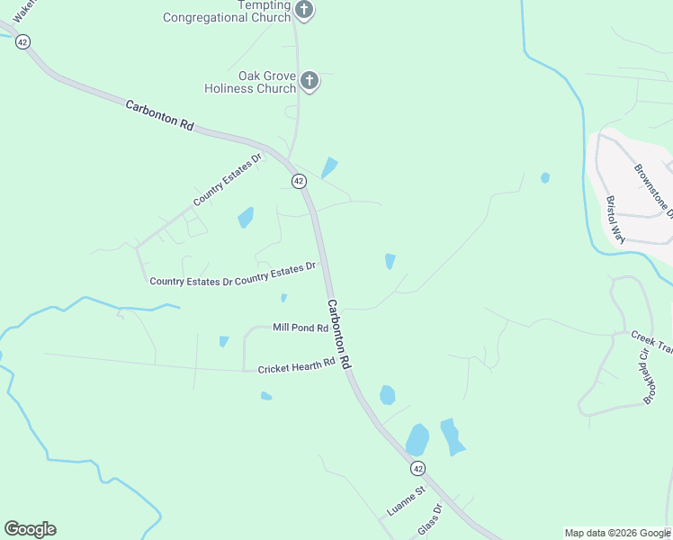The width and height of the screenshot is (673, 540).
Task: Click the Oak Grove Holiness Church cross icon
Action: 309,82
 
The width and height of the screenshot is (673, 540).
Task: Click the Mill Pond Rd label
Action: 301,328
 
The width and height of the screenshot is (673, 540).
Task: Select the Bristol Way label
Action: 615,220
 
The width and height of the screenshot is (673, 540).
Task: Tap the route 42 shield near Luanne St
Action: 417,468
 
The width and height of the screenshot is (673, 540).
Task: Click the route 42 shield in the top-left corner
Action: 22,41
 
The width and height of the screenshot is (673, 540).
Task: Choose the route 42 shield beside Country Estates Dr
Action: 299,181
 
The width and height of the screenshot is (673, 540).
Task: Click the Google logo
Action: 30,529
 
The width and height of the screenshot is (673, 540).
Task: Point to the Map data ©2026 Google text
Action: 617,533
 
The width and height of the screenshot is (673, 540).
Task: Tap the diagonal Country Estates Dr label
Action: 226,180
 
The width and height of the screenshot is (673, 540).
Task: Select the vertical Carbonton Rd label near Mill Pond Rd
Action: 338,332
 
